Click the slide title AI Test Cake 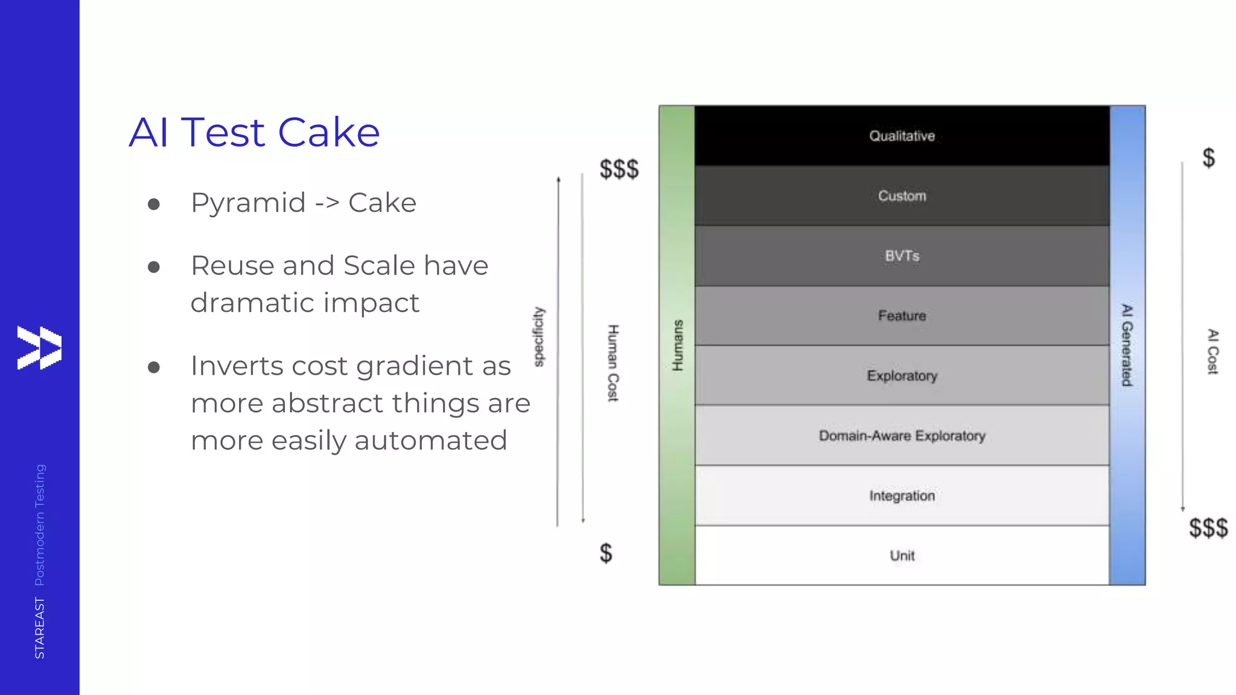254,132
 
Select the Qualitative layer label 902,136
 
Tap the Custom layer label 902,196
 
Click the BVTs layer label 902,256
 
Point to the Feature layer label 902,316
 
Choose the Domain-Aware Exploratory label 902,436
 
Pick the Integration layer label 902,496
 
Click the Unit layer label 902,556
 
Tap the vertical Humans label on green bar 678,345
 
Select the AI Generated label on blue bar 1127,345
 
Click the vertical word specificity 539,337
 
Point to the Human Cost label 613,363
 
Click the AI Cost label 1212,352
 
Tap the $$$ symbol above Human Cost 619,169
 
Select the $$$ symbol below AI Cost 1208,528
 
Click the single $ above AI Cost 1208,158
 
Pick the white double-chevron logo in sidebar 39,347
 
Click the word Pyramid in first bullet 248,203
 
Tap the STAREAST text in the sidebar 40,628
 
